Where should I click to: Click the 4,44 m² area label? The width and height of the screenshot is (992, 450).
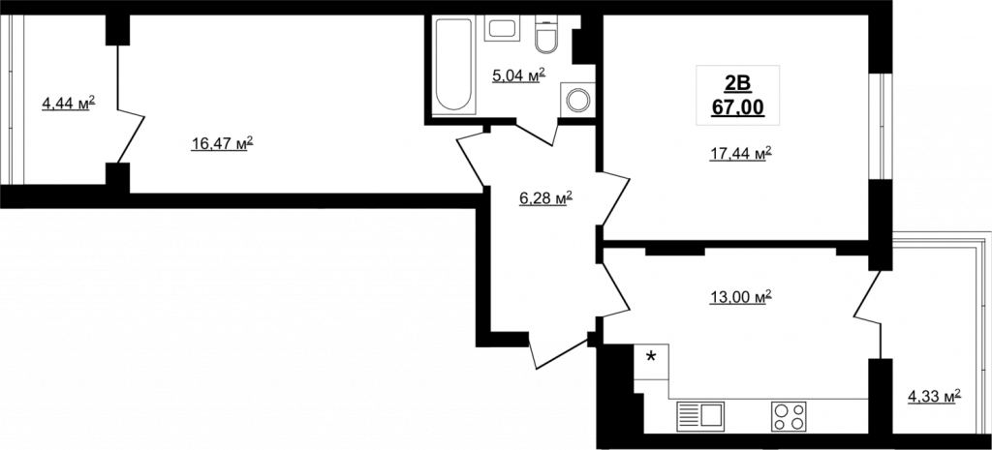click(x=69, y=103)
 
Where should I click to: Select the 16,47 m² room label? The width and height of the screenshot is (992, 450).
click(x=222, y=143)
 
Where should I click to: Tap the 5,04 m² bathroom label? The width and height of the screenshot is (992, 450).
click(x=519, y=75)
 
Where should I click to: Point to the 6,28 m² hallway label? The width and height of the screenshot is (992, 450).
click(x=545, y=197)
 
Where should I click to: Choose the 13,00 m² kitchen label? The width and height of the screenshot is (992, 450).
click(x=740, y=296)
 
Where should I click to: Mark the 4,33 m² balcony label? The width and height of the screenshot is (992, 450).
click(x=935, y=396)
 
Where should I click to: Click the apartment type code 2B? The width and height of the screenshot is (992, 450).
click(x=737, y=83)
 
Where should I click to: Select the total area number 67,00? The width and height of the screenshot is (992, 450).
click(x=737, y=107)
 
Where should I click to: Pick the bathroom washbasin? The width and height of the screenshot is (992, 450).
click(x=503, y=28)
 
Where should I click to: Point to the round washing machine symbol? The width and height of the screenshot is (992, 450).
click(x=577, y=100)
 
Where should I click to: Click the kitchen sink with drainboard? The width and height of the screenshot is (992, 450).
click(x=700, y=416)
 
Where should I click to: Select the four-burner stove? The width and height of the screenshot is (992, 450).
click(x=789, y=416)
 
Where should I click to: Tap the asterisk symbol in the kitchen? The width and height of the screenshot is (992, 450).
click(x=650, y=357)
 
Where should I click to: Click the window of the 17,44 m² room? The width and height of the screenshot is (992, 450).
click(x=880, y=127)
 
